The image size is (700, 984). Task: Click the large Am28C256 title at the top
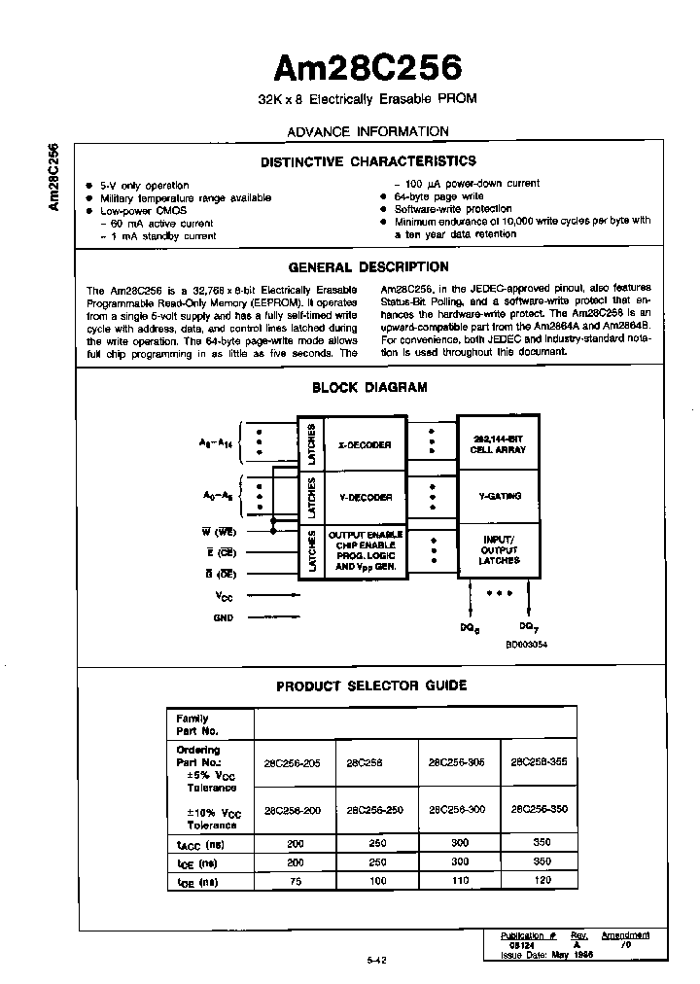367,67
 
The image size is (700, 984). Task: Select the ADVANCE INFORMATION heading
368,131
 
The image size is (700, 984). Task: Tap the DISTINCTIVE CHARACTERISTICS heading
368,161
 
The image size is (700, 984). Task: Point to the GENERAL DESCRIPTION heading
368,266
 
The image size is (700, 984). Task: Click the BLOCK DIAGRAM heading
369,387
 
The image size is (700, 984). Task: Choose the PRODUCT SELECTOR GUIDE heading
371,685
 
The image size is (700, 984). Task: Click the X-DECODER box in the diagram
365,444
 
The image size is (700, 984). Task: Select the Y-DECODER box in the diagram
366,497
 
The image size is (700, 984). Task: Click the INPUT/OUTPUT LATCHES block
499,550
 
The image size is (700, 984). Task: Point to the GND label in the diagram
223,617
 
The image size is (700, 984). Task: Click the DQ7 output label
528,627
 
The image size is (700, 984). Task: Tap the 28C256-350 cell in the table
538,809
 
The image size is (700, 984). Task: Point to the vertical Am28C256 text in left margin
53,176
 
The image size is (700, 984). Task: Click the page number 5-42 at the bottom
377,960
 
